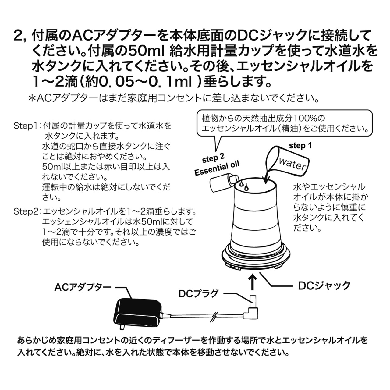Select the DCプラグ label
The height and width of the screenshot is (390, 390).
pyautogui.click(x=198, y=293)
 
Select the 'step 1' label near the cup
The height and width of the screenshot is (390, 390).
pyautogui.click(x=300, y=146)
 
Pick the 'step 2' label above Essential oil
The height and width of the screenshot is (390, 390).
pyautogui.click(x=213, y=159)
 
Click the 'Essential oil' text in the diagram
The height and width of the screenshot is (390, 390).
pyautogui.click(x=217, y=168)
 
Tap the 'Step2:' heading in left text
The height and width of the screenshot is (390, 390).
pyautogui.click(x=27, y=211)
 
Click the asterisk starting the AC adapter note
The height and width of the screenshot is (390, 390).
pyautogui.click(x=32, y=98)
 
